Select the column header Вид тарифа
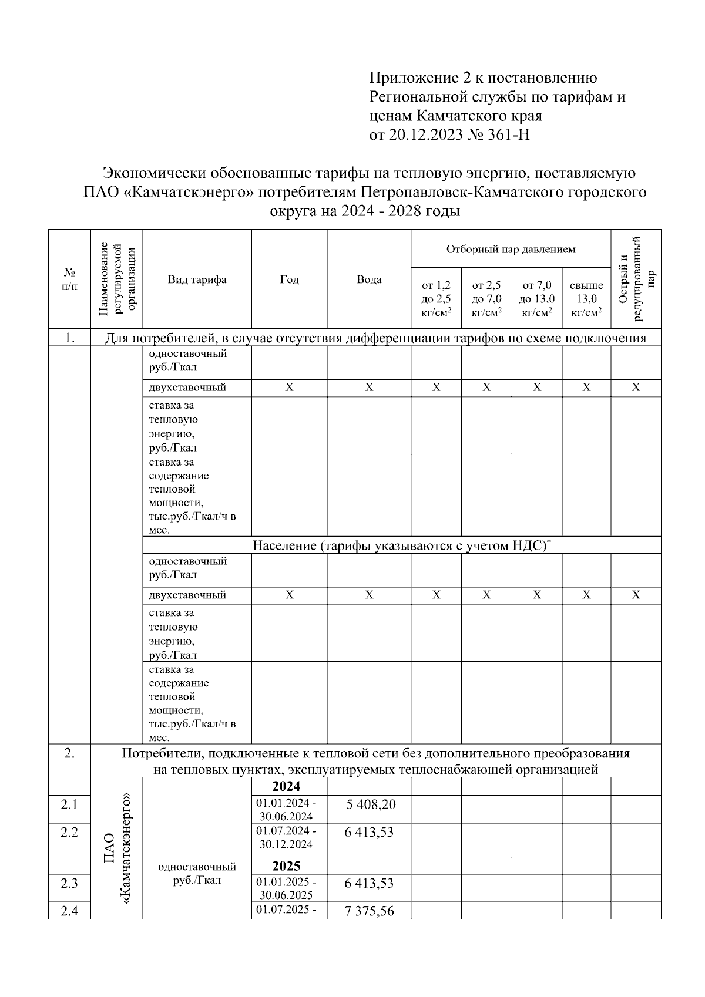click(x=197, y=279)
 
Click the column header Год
click(x=289, y=279)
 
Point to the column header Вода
click(x=369, y=279)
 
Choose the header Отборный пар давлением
click(x=511, y=249)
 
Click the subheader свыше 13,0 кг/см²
click(x=586, y=299)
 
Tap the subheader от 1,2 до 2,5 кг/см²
click(x=436, y=299)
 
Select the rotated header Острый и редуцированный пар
click(x=636, y=279)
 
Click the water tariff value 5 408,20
click(x=371, y=804)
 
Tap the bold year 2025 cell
click(x=286, y=865)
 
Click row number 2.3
click(x=69, y=884)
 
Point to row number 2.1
click(x=69, y=804)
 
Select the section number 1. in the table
click(x=69, y=338)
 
